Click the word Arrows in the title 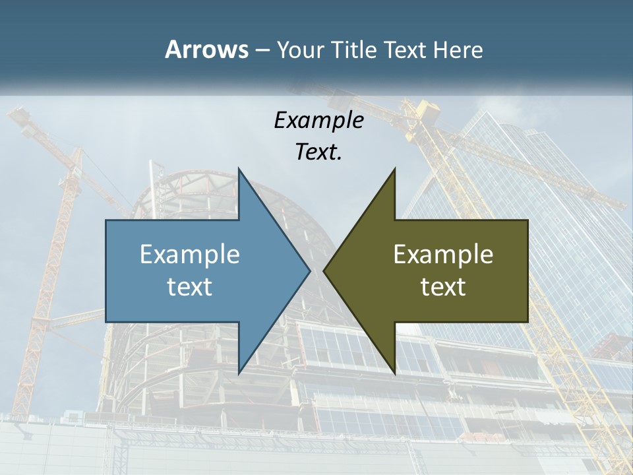(206, 49)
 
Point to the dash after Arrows (261, 51)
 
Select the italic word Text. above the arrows (318, 152)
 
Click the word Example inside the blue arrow (190, 254)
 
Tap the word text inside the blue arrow (190, 286)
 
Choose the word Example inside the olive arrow (443, 254)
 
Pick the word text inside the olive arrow (443, 286)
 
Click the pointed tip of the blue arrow (309, 270)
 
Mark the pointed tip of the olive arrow (324, 270)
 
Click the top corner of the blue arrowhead (239, 169)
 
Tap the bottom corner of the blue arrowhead (239, 373)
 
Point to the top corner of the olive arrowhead (394, 169)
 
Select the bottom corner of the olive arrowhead (394, 373)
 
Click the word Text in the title (405, 50)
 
